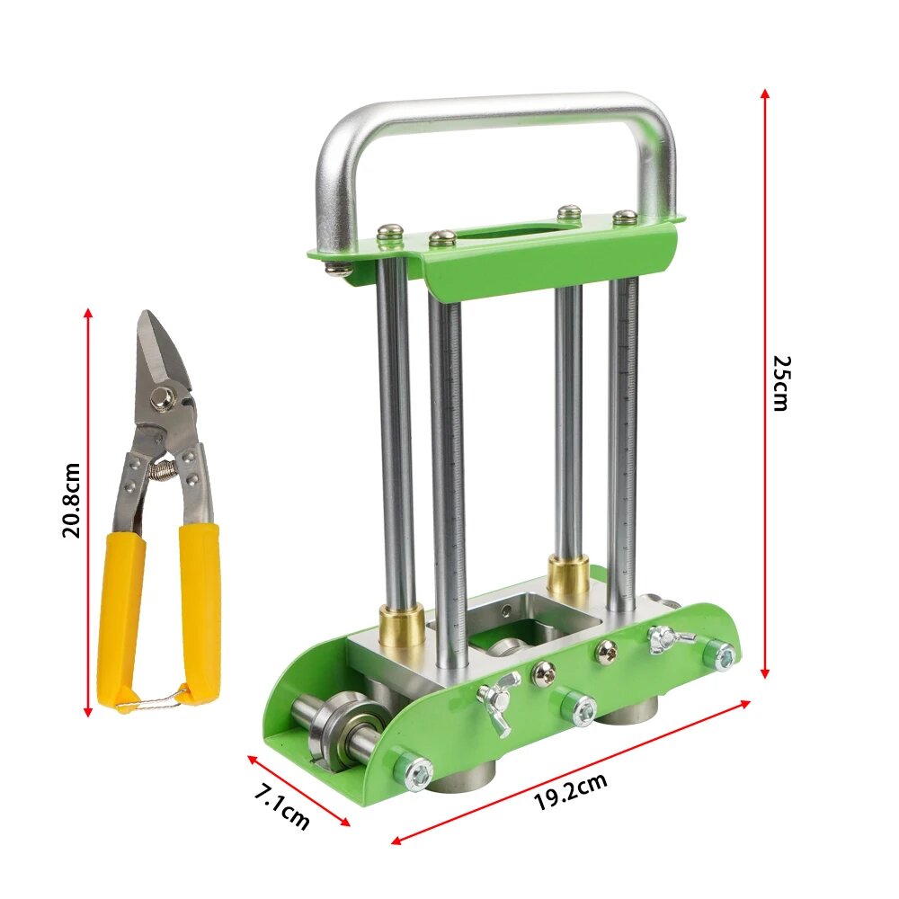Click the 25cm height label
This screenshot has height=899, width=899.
(780, 383)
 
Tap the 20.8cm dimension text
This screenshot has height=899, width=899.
(71, 501)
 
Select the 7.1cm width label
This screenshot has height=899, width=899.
(282, 809)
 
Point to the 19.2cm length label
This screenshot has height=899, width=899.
(571, 790)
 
